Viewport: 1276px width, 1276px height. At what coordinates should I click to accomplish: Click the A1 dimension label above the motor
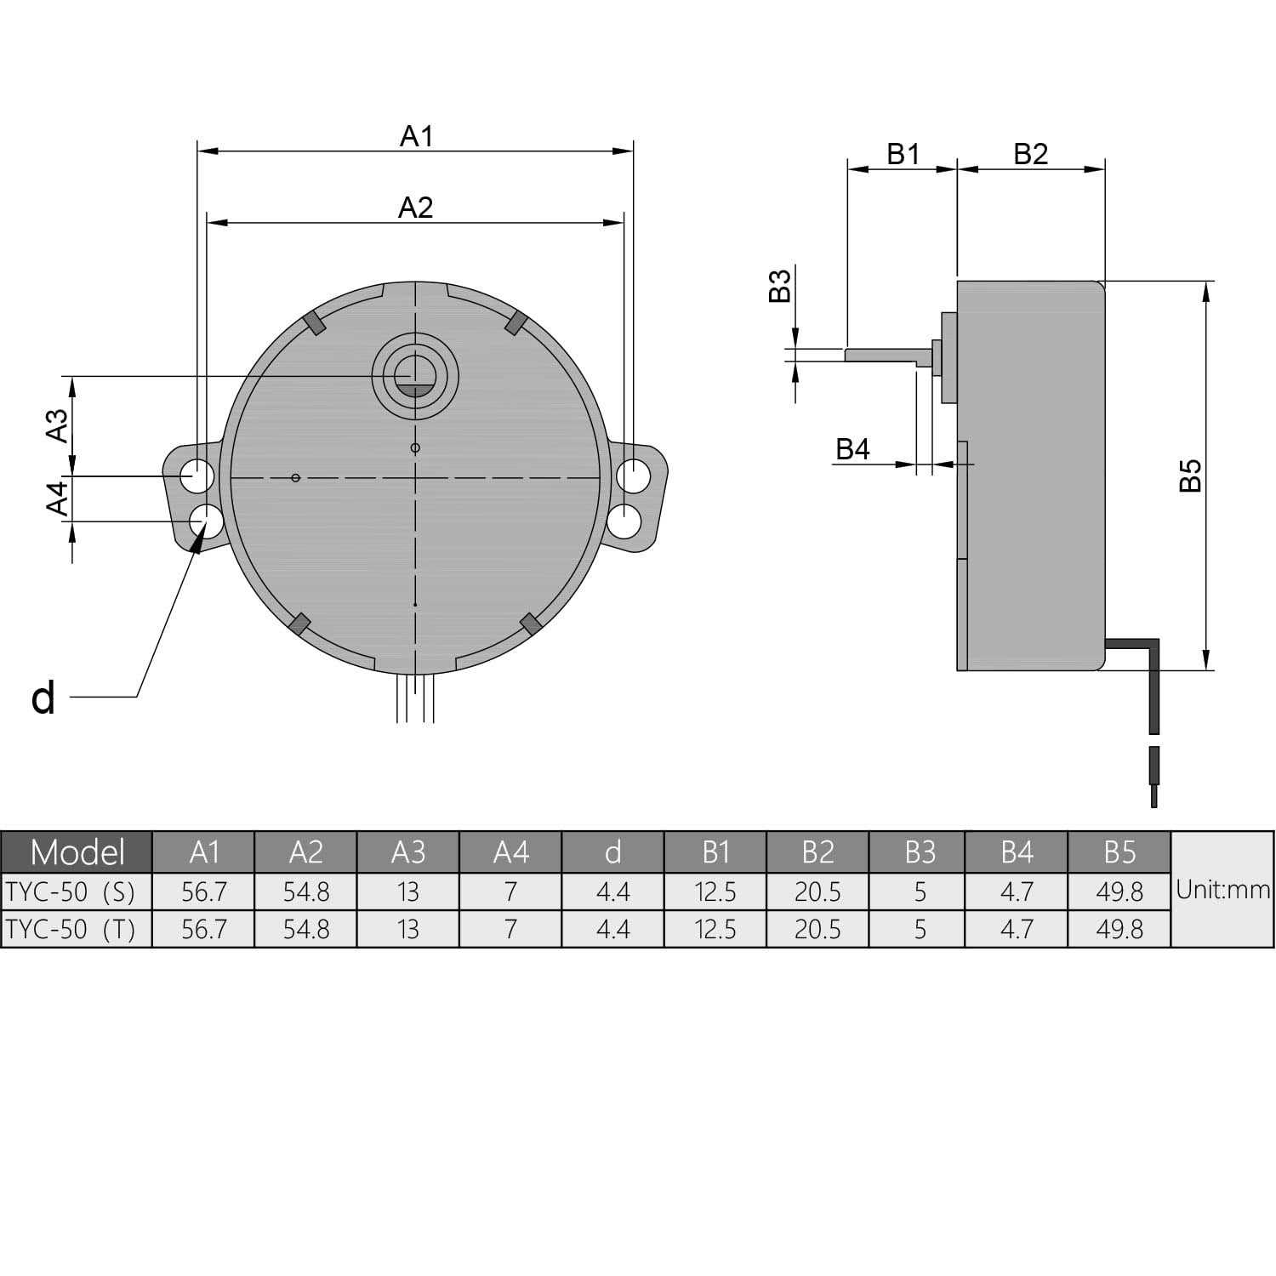417,136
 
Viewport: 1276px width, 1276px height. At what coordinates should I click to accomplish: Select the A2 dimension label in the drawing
415,208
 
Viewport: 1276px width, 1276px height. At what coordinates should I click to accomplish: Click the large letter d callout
43,698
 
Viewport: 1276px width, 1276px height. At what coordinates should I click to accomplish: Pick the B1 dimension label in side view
903,154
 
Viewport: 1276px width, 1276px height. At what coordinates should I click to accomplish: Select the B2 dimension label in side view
1030,154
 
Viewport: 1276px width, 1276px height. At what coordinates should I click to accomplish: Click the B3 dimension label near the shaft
780,286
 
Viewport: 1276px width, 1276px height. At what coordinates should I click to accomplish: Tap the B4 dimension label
852,449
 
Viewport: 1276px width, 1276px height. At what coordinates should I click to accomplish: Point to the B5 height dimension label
1191,476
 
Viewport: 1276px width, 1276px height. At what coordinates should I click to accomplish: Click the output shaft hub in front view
415,375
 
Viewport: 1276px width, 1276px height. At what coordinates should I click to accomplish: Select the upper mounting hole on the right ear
632,476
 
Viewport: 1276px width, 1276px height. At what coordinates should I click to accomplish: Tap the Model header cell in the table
77,852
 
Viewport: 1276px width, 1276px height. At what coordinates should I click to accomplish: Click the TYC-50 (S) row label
71,892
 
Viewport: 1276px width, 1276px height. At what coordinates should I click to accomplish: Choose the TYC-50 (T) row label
71,929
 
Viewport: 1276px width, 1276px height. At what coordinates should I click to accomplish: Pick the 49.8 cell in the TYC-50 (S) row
1119,892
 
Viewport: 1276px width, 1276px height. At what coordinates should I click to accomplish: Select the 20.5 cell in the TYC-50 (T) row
817,929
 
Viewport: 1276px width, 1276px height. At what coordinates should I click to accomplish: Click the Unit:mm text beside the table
1222,891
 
